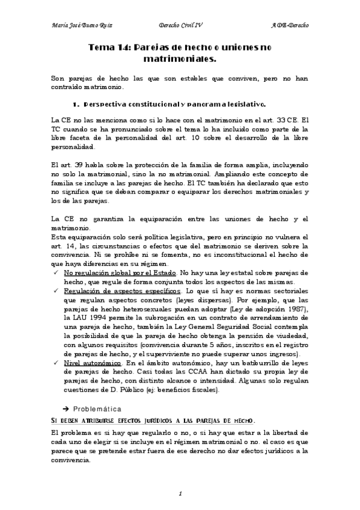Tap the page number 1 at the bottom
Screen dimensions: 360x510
coord(180,493)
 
